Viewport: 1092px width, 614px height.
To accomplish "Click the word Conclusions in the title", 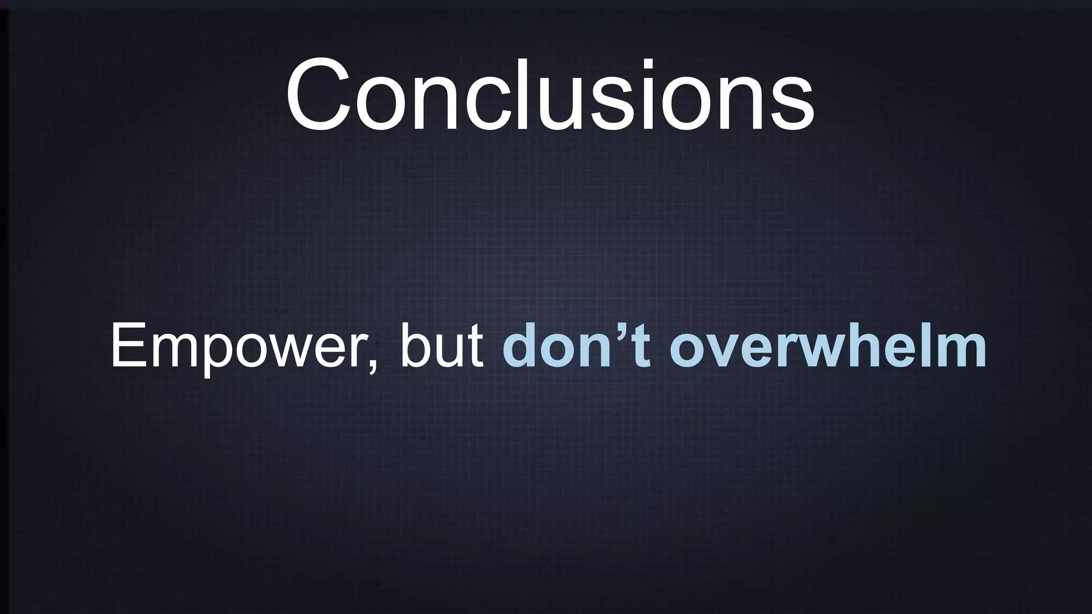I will [x=550, y=96].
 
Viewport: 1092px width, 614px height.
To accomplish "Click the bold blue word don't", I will [x=576, y=346].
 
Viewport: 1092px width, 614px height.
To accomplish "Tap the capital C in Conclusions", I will [x=319, y=96].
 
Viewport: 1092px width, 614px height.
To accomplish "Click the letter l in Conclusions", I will [x=539, y=94].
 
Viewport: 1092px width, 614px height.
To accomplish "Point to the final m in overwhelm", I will [x=960, y=352].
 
